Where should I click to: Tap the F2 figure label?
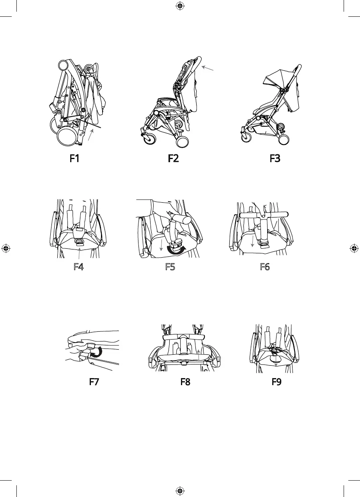click(173, 159)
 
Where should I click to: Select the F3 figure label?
click(275, 159)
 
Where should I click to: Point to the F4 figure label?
click(79, 267)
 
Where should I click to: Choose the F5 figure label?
click(170, 267)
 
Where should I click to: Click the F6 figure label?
click(265, 267)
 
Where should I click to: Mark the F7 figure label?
click(94, 382)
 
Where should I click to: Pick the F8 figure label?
click(185, 382)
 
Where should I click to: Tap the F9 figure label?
click(276, 382)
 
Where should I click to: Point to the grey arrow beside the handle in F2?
click(209, 69)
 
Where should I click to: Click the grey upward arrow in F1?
click(90, 136)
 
